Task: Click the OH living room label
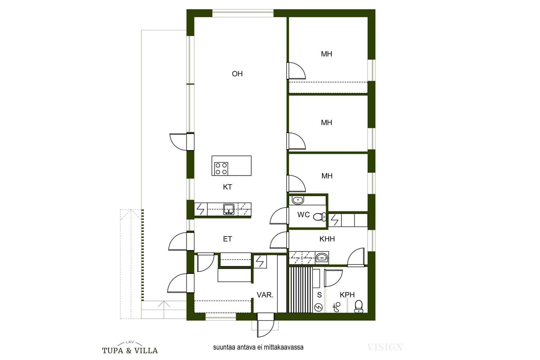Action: click(237, 74)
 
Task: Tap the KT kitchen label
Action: click(228, 187)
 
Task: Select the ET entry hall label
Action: click(228, 239)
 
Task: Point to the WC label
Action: click(303, 215)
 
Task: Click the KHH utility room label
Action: click(327, 239)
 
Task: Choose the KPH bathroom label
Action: click(347, 295)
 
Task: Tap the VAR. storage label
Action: click(265, 295)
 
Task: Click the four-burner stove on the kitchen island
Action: click(221, 169)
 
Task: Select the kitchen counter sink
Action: click(229, 210)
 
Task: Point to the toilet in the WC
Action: click(320, 217)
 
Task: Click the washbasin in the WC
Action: click(298, 200)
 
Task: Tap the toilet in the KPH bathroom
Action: click(358, 306)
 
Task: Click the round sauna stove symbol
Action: click(319, 307)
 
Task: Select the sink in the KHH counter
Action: click(322, 257)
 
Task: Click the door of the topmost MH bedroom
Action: click(296, 71)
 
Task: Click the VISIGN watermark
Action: click(385, 347)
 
